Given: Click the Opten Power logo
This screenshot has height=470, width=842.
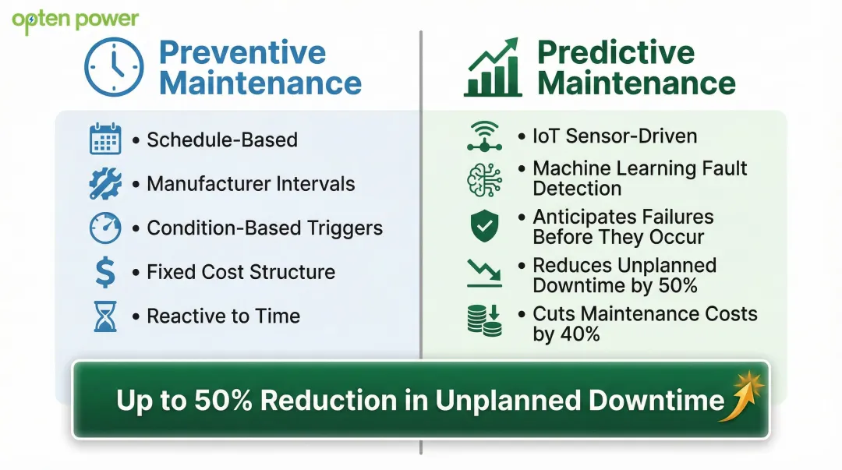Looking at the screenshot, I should [76, 20].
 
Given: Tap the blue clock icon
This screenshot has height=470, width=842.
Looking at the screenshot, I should [114, 68].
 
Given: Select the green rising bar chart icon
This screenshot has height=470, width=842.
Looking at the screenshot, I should [492, 68].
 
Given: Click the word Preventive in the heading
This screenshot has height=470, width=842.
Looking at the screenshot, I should [242, 52].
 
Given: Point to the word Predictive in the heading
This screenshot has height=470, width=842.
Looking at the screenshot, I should [615, 52].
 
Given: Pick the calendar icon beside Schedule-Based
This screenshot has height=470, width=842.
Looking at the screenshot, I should [105, 140].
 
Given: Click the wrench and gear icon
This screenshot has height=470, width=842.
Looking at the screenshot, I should [105, 184].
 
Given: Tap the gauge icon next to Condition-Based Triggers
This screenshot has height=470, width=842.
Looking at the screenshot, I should [105, 228].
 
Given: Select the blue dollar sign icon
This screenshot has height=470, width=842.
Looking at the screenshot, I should [105, 273].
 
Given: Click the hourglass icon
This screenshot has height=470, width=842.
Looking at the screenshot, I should [105, 316].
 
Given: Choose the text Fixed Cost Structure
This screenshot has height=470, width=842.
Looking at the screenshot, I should [241, 272].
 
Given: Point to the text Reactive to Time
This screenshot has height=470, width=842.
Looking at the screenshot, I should [223, 316].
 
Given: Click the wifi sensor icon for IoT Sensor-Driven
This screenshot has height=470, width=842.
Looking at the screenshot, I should [484, 136].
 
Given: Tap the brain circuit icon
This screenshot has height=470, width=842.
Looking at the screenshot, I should [484, 179].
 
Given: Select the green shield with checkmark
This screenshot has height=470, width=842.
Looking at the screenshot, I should [484, 226].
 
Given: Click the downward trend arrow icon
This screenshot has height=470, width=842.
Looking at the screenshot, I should [484, 272].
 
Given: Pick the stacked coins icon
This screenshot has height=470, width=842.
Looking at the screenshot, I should [484, 320].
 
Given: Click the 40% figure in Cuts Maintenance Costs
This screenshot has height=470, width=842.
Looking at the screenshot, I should [578, 334].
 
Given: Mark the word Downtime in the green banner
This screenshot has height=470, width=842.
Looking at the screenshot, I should [656, 400].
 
